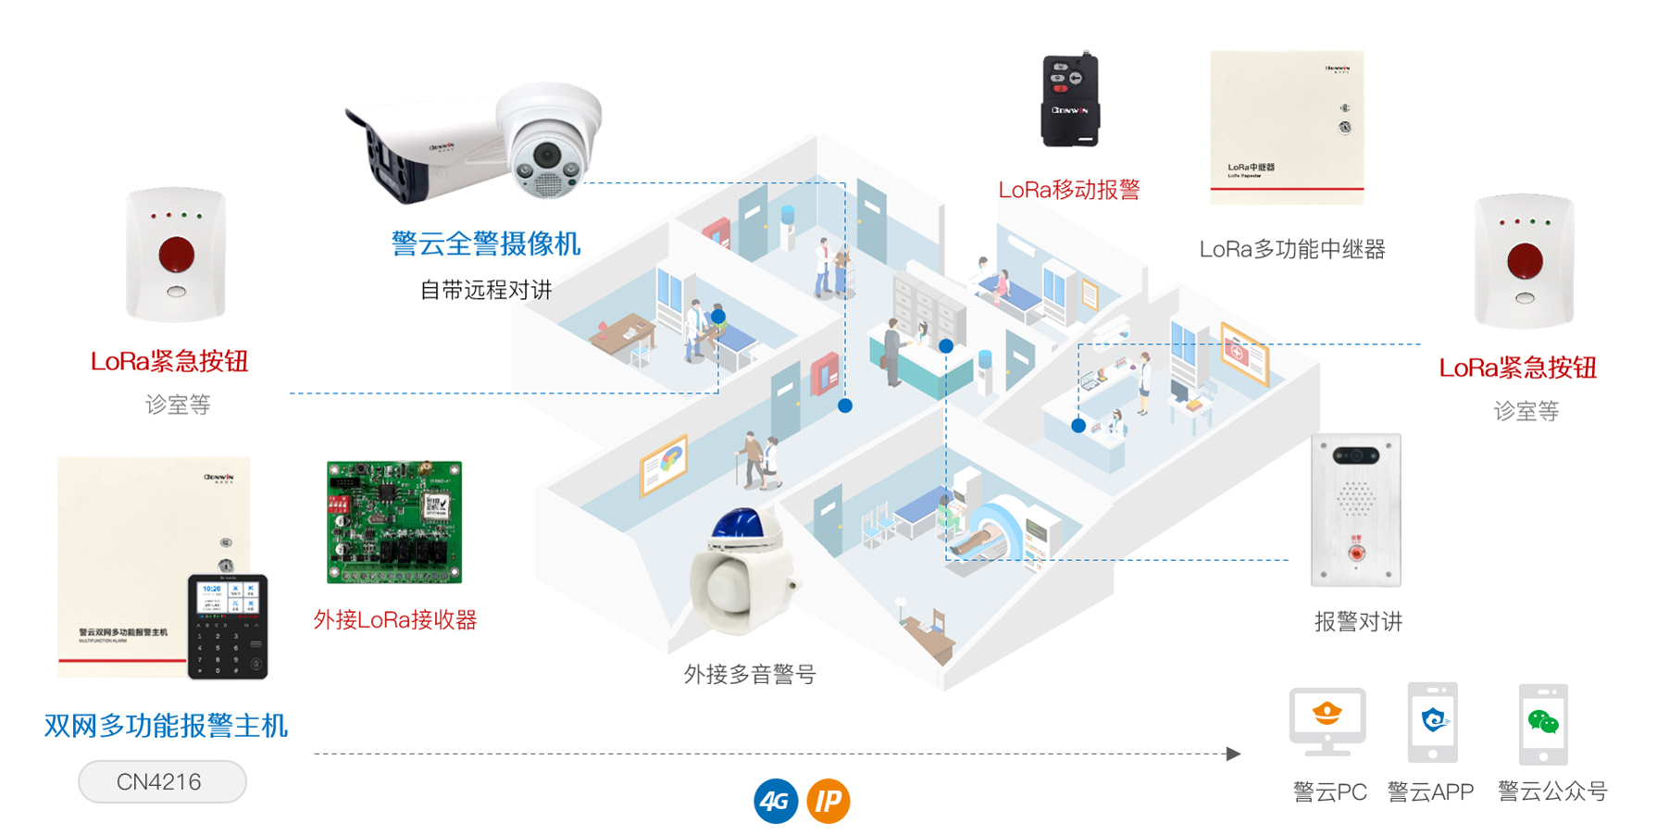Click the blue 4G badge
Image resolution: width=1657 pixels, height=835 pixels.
(x=776, y=801)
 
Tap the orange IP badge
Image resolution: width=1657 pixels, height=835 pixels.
(x=828, y=801)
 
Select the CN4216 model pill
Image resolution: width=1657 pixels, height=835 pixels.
(x=162, y=782)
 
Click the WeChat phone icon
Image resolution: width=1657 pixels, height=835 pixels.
(x=1543, y=724)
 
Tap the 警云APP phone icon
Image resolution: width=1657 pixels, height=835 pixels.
(x=1432, y=722)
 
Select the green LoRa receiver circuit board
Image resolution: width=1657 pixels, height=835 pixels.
(x=394, y=522)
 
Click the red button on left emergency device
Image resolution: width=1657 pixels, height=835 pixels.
(x=176, y=254)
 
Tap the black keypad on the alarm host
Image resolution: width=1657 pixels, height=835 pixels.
(x=228, y=627)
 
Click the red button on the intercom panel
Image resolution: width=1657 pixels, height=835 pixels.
(x=1356, y=553)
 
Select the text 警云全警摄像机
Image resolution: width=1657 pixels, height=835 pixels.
(x=486, y=243)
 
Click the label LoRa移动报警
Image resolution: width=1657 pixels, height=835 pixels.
(x=1069, y=190)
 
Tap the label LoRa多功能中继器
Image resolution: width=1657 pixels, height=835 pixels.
(x=1292, y=249)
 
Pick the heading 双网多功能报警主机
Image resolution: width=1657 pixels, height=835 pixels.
(x=167, y=726)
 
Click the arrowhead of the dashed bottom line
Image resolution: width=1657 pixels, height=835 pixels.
(x=1233, y=754)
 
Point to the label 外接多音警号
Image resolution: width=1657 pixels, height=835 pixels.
(x=750, y=674)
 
